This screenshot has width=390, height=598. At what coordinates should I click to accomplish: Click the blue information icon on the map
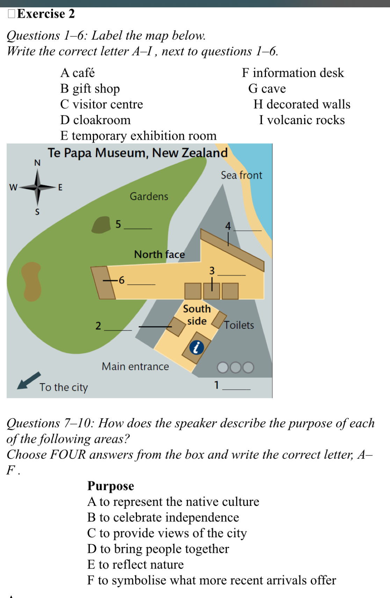click(196, 348)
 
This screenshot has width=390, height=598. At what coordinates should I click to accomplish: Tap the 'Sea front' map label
click(241, 175)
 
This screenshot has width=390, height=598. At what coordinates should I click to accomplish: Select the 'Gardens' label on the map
click(149, 197)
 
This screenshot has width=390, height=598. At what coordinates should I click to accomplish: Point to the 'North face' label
click(159, 254)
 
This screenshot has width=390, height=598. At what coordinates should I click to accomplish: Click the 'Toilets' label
click(239, 325)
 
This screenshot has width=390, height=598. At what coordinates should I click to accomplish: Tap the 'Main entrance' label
click(135, 366)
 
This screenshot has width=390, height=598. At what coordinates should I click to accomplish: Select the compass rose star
click(37, 187)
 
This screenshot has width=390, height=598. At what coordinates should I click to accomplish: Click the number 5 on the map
click(118, 224)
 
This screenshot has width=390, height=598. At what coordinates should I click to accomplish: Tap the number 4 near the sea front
click(228, 226)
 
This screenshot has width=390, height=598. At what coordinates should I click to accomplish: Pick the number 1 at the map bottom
click(216, 385)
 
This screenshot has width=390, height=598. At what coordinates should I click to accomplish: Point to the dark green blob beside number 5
click(101, 225)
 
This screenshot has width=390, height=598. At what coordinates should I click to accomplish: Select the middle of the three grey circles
click(235, 368)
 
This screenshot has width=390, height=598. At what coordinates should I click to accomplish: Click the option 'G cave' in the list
click(267, 88)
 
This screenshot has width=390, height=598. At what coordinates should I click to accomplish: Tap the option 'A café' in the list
click(77, 73)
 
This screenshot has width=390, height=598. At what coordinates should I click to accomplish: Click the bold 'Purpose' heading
click(111, 486)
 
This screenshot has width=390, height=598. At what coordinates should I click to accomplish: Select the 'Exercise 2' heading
click(46, 14)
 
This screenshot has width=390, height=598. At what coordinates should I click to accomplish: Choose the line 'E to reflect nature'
click(136, 564)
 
